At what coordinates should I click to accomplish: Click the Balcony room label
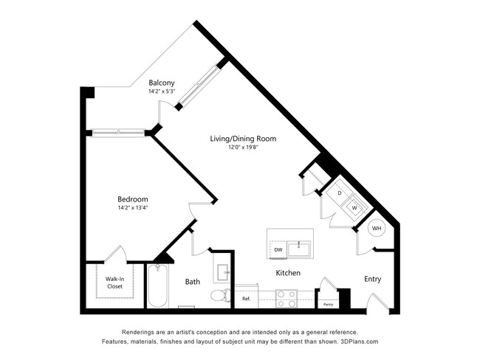tap(162, 83)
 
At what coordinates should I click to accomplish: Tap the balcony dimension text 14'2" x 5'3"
tap(162, 91)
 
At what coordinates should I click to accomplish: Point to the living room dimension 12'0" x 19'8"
tap(242, 147)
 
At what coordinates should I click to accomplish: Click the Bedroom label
tap(133, 199)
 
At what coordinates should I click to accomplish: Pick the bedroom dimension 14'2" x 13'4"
tap(133, 209)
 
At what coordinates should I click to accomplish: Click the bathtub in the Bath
tap(157, 287)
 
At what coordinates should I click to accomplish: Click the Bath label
tap(193, 281)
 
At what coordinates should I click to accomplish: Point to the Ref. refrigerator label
tap(246, 299)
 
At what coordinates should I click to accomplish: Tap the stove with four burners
tap(287, 298)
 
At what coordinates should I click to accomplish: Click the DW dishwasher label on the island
tap(278, 250)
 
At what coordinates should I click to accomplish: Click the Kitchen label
tap(288, 273)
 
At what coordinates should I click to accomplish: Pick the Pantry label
tap(328, 303)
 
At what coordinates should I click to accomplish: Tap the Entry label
tap(373, 279)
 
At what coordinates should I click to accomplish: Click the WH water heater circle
tap(377, 229)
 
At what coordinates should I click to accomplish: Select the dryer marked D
tap(339, 193)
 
